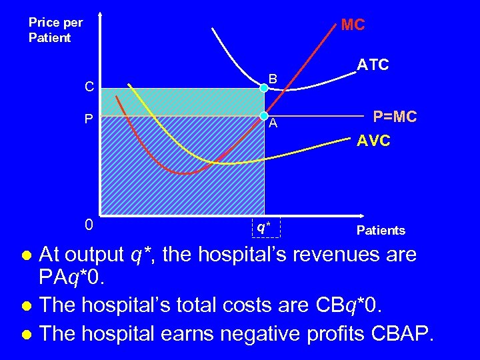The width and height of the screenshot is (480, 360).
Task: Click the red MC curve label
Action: (x=353, y=25)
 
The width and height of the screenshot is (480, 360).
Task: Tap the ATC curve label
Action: (x=373, y=65)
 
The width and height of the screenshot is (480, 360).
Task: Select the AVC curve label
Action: (x=373, y=141)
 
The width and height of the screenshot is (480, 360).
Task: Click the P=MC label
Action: (x=395, y=117)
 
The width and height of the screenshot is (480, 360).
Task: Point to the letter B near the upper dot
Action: (x=272, y=79)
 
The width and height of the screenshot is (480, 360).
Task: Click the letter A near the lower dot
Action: (x=273, y=123)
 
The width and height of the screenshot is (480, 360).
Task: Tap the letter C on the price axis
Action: (x=89, y=87)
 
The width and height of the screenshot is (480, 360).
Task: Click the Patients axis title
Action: (x=381, y=231)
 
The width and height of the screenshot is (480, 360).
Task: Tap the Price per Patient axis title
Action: (x=55, y=30)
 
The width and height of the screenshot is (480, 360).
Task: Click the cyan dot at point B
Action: (x=264, y=87)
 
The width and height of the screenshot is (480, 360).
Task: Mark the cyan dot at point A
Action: (x=264, y=115)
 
